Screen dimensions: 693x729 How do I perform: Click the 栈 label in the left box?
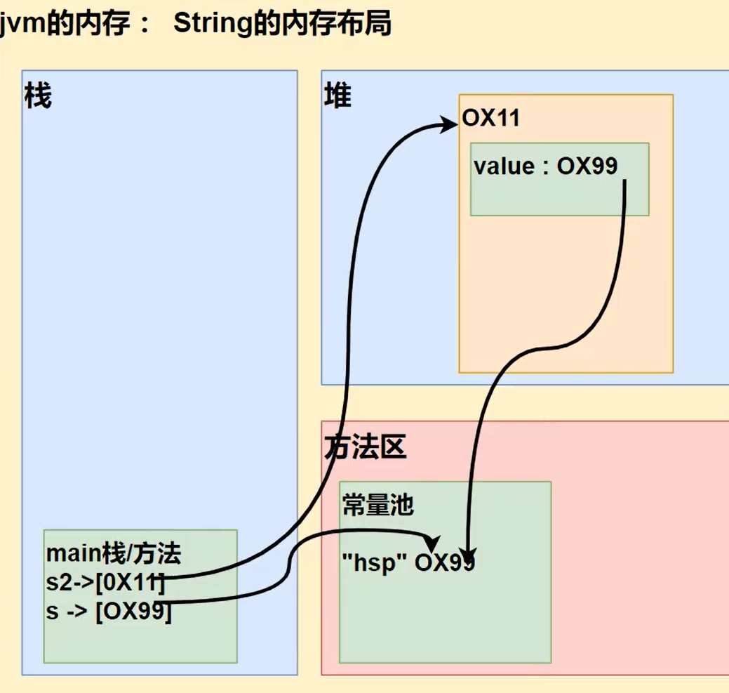pyautogui.click(x=38, y=96)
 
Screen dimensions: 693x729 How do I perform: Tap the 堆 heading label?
pyautogui.click(x=337, y=96)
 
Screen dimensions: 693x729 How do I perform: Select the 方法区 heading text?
pyautogui.click(x=366, y=447)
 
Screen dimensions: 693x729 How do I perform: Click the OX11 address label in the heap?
pyautogui.click(x=491, y=119)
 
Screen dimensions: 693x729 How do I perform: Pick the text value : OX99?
pyautogui.click(x=545, y=166)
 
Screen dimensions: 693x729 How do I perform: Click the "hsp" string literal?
pyautogui.click(x=373, y=562)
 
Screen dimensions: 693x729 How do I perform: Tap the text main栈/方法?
pyautogui.click(x=114, y=554)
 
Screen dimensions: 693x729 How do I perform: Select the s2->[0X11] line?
pyautogui.click(x=105, y=583)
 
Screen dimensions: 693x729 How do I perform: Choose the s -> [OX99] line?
pyautogui.click(x=109, y=612)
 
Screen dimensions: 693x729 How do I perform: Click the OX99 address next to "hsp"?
pyautogui.click(x=444, y=562)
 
